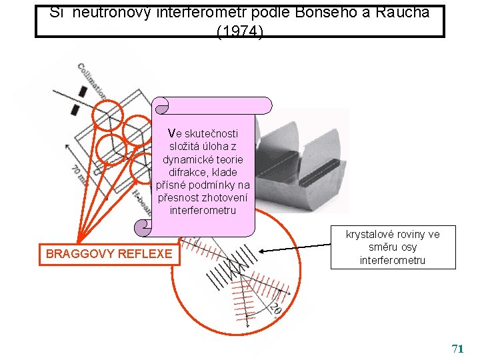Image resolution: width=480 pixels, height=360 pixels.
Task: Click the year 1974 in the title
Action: [x=240, y=31]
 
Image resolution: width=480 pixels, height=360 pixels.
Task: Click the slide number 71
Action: [x=457, y=349]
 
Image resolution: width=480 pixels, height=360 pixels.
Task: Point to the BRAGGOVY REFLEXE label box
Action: [x=109, y=253]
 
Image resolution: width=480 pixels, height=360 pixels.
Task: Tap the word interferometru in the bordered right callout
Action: [x=393, y=260]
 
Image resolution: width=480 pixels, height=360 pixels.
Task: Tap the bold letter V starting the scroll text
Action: [x=172, y=133]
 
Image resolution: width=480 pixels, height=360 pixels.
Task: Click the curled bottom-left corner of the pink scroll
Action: [x=143, y=228]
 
